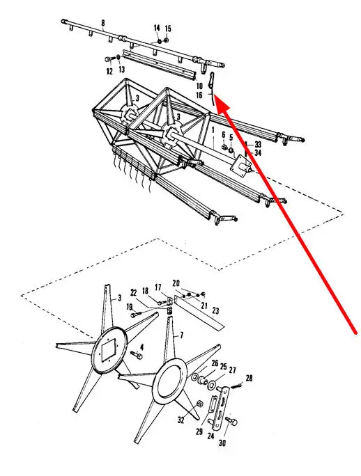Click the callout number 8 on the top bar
[103, 23]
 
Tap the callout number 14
[157, 29]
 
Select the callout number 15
[168, 29]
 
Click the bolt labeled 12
[108, 59]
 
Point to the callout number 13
[122, 70]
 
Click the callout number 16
[199, 95]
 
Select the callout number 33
[258, 145]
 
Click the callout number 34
[258, 153]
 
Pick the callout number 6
[224, 135]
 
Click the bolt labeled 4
[137, 354]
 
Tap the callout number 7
[182, 335]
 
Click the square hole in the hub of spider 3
[109, 350]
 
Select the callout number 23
[215, 311]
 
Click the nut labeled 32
[200, 404]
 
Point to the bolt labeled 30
[232, 421]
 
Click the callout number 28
[249, 379]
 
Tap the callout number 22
[134, 293]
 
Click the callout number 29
[199, 431]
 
